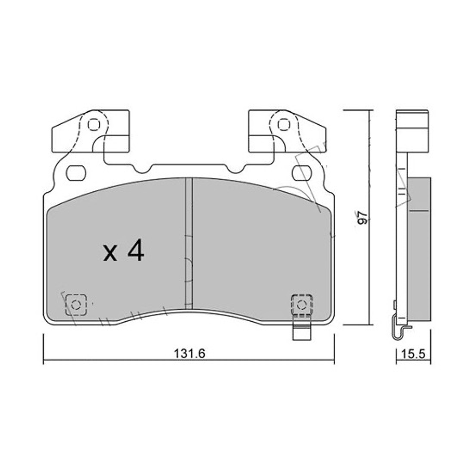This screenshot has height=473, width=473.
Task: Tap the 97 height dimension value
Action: click(x=366, y=217)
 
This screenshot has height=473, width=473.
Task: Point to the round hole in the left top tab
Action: click(x=93, y=125)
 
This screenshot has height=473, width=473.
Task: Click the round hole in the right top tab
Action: click(x=283, y=125)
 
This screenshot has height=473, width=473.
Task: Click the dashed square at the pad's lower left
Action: click(x=76, y=305)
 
